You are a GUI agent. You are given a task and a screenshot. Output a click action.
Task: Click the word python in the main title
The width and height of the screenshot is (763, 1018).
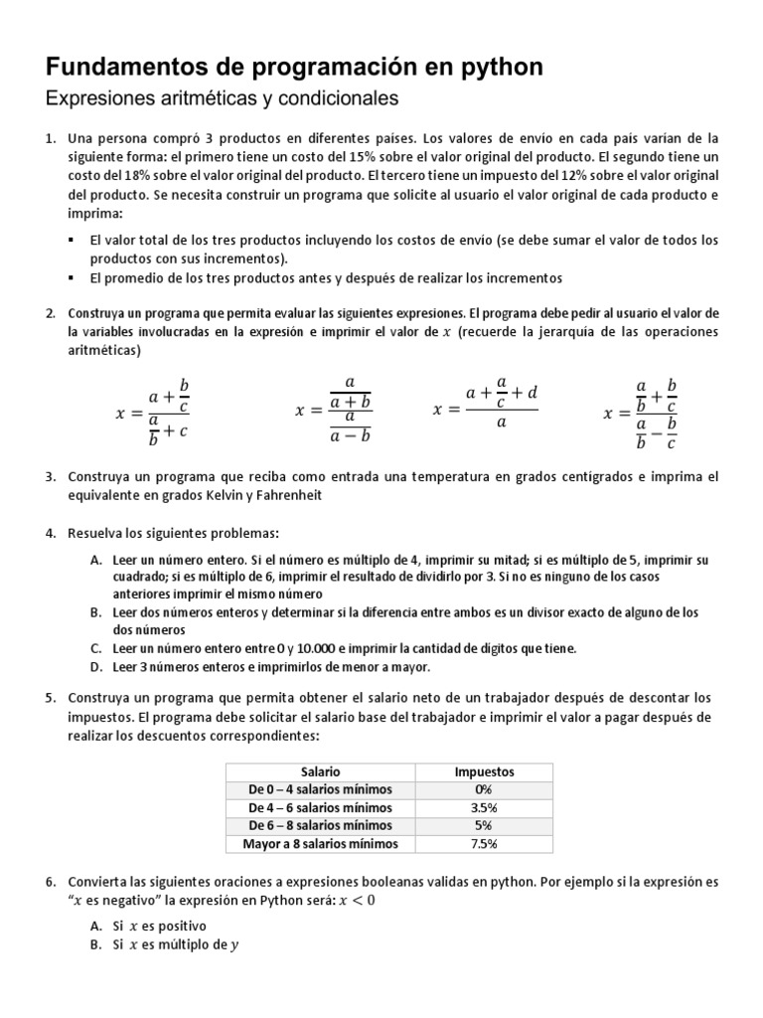click(x=498, y=67)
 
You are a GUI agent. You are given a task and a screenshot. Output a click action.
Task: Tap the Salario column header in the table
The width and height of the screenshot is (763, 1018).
click(x=320, y=771)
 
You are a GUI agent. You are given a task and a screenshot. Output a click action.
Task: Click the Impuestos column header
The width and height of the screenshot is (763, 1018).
click(x=484, y=771)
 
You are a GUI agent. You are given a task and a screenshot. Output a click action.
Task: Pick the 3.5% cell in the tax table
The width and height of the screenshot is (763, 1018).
click(x=484, y=807)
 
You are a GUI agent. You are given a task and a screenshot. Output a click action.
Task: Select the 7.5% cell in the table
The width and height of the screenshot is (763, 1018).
click(x=484, y=844)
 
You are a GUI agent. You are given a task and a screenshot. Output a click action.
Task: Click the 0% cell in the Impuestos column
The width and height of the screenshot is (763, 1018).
click(x=484, y=789)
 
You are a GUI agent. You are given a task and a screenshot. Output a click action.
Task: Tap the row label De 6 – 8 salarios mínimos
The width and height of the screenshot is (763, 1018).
click(x=320, y=825)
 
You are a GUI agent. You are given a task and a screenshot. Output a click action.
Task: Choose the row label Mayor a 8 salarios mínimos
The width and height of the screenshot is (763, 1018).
click(x=320, y=844)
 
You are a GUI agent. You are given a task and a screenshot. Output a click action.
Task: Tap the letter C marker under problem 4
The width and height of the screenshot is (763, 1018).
click(x=95, y=648)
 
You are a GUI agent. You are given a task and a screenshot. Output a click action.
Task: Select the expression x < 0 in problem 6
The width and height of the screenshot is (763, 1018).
click(x=359, y=901)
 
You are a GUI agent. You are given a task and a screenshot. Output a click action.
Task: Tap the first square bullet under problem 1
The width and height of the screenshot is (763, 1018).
click(x=73, y=241)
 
